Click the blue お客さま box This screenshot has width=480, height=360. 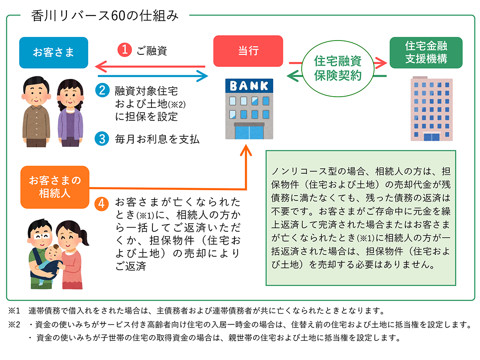(x=53, y=52)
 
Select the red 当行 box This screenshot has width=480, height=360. (x=248, y=51)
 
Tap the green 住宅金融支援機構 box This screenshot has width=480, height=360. (x=426, y=52)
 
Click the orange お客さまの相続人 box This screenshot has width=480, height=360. (x=55, y=187)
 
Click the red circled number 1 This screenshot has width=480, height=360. (x=125, y=50)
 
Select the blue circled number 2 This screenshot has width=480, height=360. (x=102, y=90)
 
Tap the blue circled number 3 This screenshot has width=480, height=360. (x=102, y=139)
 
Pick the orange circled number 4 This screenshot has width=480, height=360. (x=101, y=204)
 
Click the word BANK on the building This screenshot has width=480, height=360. (x=249, y=86)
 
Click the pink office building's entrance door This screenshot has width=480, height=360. (x=431, y=137)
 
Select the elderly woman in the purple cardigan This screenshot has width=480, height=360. (x=70, y=113)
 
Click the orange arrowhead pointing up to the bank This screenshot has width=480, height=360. (x=246, y=150)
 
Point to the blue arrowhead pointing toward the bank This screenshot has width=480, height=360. (x=202, y=76)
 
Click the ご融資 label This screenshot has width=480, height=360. (x=152, y=50)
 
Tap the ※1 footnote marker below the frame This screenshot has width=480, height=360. (x=14, y=311)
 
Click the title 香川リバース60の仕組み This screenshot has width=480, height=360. (x=105, y=16)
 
